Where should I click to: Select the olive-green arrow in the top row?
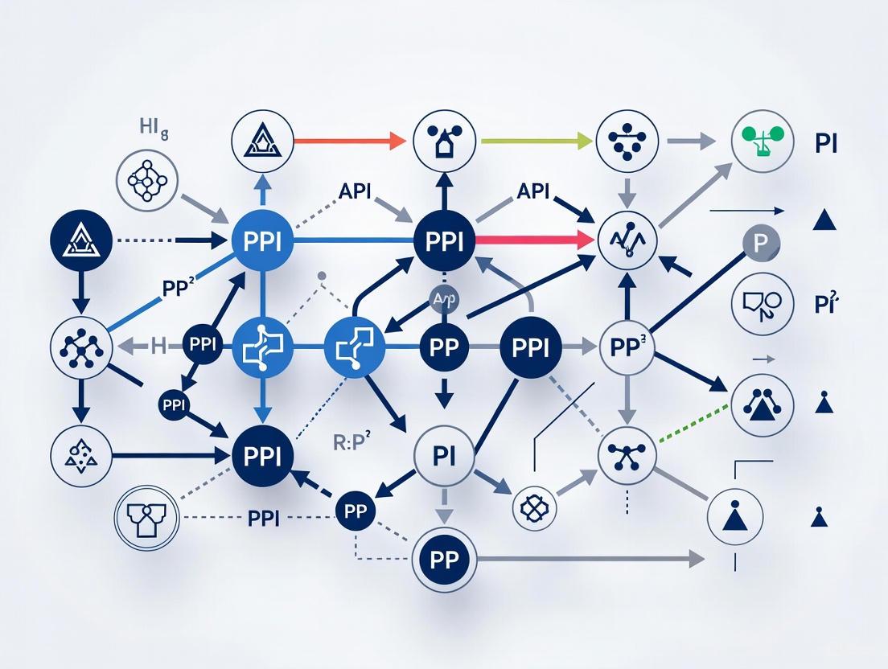532,142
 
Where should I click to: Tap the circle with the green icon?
756,142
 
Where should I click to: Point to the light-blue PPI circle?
261,240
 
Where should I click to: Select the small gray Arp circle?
445,298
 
